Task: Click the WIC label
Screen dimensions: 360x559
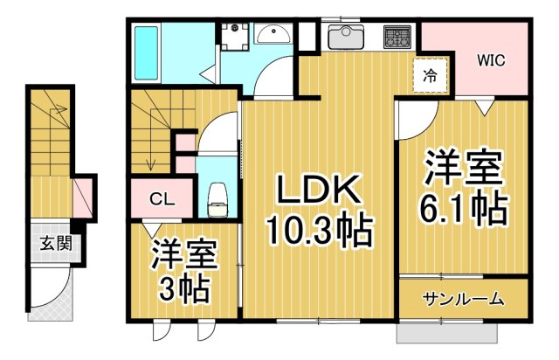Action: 491,60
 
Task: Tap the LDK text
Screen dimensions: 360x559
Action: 318,191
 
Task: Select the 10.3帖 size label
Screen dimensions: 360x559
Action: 318,232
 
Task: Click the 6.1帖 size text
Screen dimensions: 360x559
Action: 463,208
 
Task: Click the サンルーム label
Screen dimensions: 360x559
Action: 464,300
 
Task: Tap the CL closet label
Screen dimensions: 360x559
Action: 162,199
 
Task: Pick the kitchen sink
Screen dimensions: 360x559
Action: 347,38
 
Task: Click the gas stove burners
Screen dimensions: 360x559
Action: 397,38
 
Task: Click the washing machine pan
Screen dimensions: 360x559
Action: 231,36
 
